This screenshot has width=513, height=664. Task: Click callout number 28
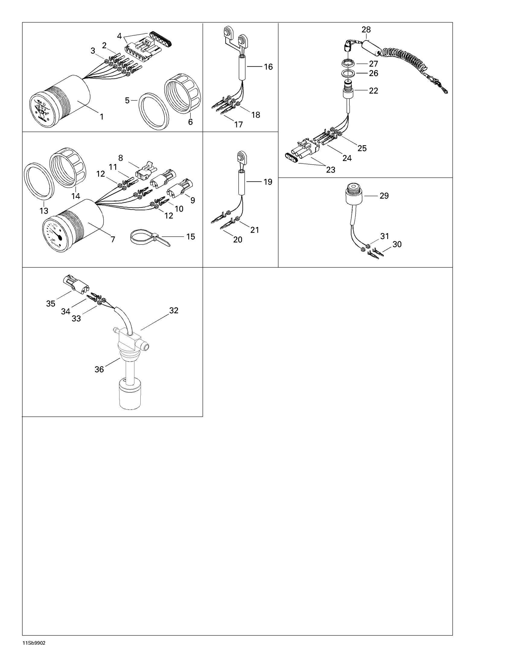366,30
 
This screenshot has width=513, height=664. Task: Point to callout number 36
99,369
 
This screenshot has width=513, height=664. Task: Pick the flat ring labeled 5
154,111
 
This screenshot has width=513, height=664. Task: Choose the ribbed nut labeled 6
182,94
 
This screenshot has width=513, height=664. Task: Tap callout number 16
268,67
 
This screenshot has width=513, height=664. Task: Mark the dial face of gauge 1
42,110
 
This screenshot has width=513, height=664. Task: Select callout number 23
330,170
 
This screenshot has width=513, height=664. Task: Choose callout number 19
267,182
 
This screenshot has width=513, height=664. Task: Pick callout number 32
174,310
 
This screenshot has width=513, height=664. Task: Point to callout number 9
193,200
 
